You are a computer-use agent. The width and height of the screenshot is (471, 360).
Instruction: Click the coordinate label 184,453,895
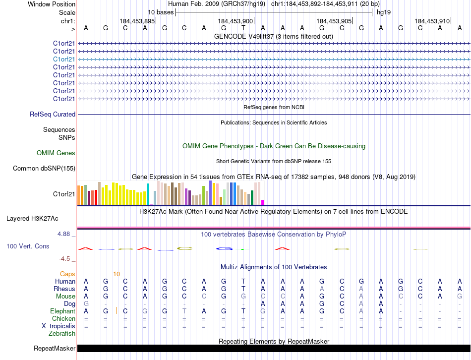pos(137,21)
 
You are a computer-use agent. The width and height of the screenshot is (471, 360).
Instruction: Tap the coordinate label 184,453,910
pos(432,21)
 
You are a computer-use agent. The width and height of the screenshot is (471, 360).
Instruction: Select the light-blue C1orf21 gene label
pos(64,59)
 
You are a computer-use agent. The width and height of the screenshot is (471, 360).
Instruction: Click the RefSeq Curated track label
pos(53,115)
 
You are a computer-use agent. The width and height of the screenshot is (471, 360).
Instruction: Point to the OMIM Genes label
pos(56,153)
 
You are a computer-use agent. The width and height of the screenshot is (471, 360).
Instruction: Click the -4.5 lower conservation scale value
pos(67,259)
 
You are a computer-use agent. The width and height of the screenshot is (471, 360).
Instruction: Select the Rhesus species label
pos(65,289)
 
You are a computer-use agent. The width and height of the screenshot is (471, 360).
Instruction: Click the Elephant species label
pos(63,311)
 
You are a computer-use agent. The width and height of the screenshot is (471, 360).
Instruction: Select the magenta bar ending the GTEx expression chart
pos(263,202)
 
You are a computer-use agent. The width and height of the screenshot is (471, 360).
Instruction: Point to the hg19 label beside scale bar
pos(383,12)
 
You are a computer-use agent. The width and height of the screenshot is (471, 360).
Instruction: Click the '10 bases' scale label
pos(160,12)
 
